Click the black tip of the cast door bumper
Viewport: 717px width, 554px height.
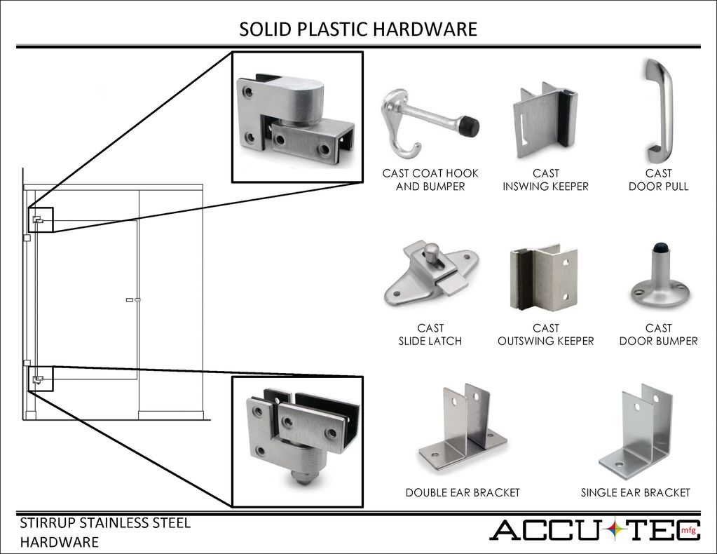[659, 248]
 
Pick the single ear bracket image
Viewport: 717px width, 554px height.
[636, 431]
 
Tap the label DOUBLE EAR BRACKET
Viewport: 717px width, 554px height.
[463, 493]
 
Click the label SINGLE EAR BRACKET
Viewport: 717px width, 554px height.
[635, 493]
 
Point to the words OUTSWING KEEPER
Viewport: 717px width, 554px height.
[545, 342]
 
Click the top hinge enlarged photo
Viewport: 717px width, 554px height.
[297, 117]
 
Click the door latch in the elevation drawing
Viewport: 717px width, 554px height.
[133, 300]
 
